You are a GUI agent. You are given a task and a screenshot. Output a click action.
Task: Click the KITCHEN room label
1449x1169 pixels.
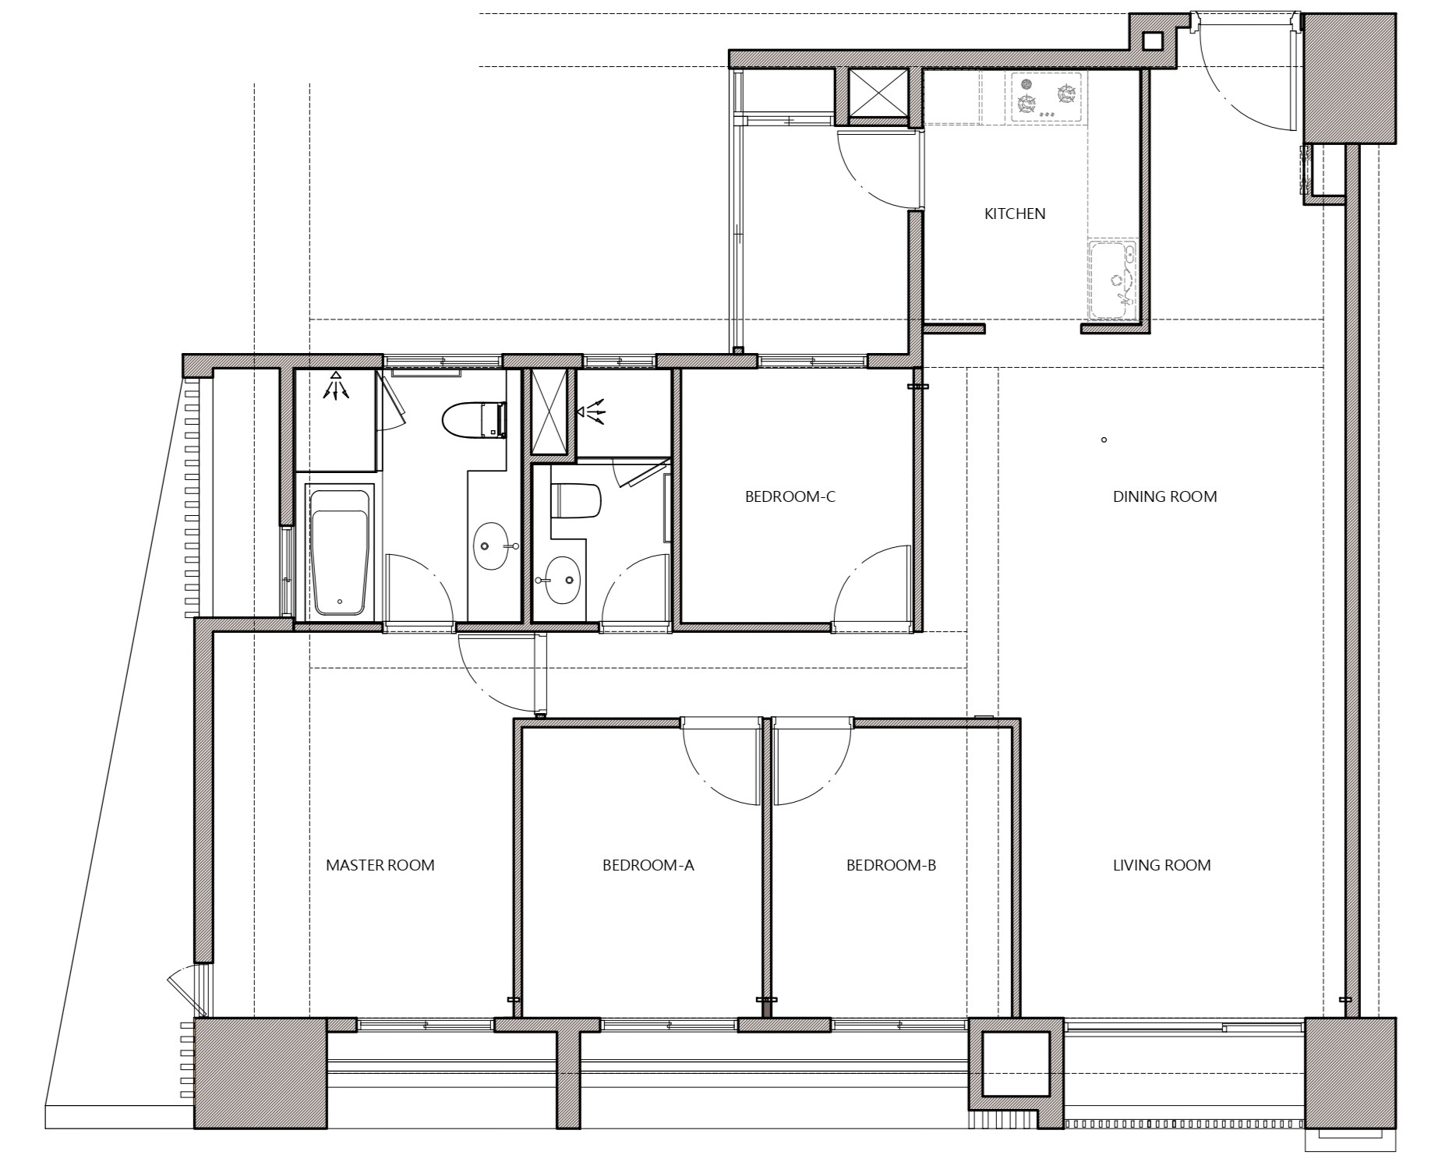pos(1014,214)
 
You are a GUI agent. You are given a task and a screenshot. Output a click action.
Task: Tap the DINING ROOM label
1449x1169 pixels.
pos(1165,496)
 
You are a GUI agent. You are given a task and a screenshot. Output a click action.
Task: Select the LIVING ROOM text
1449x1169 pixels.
pos(1161,865)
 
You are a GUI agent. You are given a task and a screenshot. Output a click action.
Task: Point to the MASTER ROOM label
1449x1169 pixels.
pos(380,865)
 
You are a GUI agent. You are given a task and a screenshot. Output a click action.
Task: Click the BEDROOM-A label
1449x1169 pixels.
pos(648,865)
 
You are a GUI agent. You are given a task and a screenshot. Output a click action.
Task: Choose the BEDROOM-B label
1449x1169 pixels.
pos(891,865)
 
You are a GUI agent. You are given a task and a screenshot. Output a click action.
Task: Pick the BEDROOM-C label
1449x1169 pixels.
pos(790,496)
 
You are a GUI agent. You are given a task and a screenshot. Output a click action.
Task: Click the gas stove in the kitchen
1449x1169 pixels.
pos(1047,97)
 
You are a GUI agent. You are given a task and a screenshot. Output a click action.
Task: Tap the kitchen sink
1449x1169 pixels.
pos(1112,280)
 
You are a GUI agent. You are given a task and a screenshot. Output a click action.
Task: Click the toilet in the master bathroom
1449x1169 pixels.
pos(475,420)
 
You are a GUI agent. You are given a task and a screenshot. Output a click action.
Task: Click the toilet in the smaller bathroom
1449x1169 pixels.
pos(576,501)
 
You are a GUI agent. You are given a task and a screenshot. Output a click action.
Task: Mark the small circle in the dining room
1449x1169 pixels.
pos(1104,440)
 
